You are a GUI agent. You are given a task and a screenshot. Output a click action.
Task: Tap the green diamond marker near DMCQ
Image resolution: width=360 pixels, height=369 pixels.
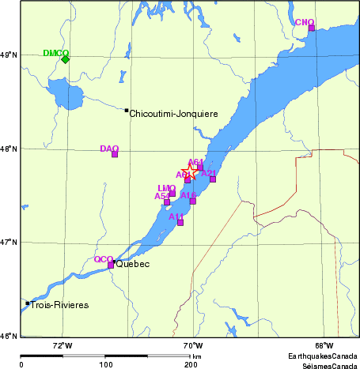(x=66, y=59)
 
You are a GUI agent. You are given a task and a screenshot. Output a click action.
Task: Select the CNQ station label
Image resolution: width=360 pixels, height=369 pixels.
(x=304, y=22)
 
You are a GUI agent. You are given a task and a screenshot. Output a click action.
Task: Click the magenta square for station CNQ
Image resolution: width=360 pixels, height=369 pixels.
(x=311, y=28)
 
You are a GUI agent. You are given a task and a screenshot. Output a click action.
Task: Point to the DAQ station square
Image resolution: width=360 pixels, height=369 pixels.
(x=115, y=154)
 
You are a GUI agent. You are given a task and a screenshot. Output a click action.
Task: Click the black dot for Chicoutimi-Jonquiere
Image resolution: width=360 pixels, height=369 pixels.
(x=127, y=111)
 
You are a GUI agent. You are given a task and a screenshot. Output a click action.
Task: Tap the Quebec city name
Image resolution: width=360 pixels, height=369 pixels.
(x=133, y=264)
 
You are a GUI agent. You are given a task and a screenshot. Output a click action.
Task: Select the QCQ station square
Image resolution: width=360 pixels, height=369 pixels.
(x=112, y=265)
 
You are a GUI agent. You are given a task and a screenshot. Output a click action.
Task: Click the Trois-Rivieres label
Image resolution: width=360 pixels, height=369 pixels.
(x=59, y=305)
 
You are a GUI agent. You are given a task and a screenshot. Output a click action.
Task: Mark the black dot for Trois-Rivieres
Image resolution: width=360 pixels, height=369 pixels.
(x=28, y=303)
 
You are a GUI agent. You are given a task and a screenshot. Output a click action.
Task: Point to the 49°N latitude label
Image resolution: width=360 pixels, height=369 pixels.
(x=9, y=55)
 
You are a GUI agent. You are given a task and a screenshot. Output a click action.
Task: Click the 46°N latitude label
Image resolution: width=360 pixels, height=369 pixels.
(x=9, y=336)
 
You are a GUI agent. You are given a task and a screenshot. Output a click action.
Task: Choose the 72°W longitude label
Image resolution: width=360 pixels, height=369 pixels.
(x=62, y=345)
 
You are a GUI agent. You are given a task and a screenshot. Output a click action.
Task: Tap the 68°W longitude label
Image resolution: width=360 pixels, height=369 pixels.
(x=324, y=345)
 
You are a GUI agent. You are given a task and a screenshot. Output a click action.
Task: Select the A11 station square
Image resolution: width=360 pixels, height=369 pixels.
(x=180, y=222)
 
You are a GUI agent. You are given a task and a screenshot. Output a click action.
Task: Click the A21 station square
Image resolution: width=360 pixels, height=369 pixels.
(x=213, y=179)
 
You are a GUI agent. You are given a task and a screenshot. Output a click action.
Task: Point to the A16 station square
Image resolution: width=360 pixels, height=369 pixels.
(x=192, y=201)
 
